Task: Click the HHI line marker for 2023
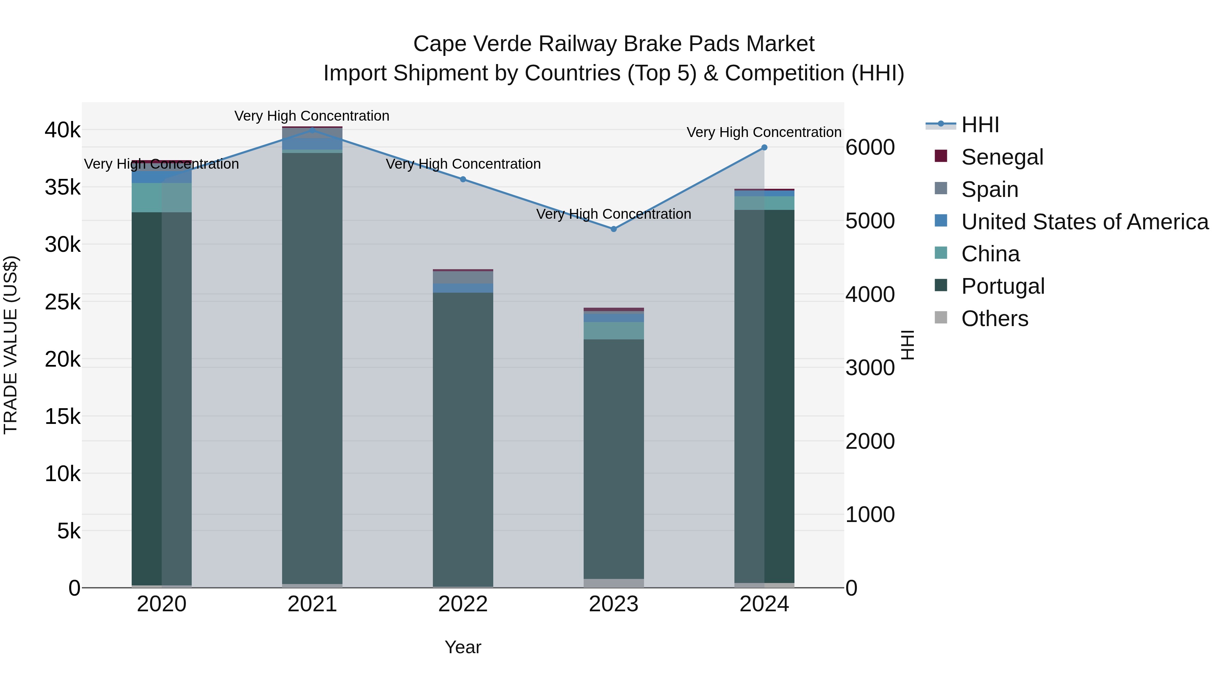614,229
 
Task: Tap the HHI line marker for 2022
463,180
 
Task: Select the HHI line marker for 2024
764,148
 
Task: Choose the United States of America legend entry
1084,222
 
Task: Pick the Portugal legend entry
1003,286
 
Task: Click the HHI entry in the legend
980,125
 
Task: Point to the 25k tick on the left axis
62,302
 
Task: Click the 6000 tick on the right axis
870,148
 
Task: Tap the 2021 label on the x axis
312,604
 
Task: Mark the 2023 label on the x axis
614,604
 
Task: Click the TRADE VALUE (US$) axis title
11,345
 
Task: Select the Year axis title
463,647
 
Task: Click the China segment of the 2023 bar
614,331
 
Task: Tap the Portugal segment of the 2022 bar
463,438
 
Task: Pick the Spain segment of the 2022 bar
463,277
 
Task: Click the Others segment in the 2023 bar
614,583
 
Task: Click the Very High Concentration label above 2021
312,116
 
